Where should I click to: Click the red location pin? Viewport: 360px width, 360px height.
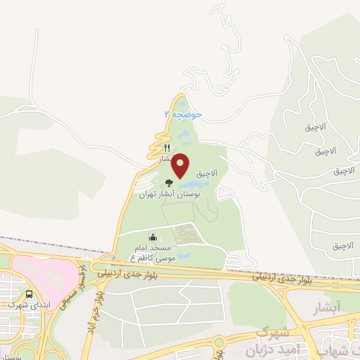(181, 165)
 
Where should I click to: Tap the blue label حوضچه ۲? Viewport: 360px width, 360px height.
(182, 112)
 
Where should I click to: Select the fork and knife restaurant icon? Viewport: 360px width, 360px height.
(167, 148)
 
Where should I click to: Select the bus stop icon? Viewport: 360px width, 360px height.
(29, 295)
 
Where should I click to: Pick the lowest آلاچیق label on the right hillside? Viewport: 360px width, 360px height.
(345, 245)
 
